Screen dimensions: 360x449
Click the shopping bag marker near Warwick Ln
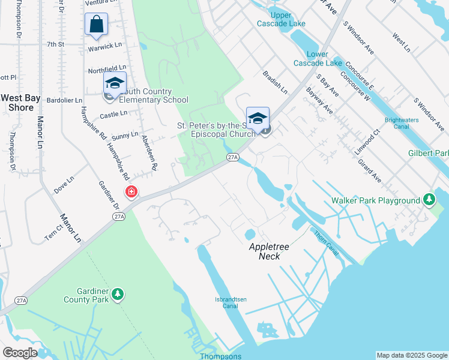(96, 25)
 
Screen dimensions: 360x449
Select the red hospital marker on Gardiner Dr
(130, 193)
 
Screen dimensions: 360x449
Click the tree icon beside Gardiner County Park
(119, 294)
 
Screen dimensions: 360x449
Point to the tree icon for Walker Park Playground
(429, 199)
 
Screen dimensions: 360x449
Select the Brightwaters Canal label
(405, 123)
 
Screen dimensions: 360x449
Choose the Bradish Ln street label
(276, 83)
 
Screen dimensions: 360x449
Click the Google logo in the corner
(20, 353)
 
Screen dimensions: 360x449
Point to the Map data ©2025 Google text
(411, 355)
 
